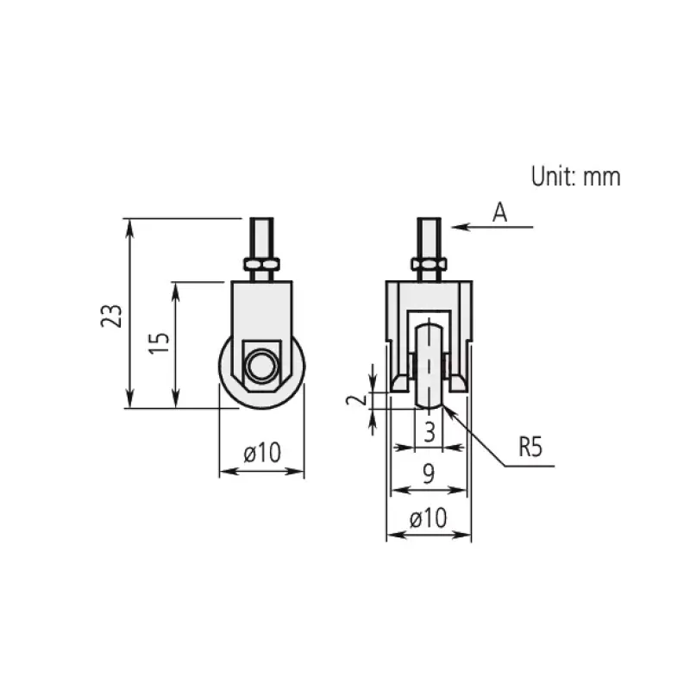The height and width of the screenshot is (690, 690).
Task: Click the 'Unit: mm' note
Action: coord(575,176)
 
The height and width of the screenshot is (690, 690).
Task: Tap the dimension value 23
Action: coord(112,315)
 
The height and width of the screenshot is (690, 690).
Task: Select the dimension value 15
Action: coord(159,343)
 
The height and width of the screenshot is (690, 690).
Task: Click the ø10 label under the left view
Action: coord(262,452)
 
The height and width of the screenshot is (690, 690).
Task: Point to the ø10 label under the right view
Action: coord(428,518)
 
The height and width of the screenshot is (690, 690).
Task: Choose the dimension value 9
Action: coord(428,474)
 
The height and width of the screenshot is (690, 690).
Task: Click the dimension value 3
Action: coord(430,432)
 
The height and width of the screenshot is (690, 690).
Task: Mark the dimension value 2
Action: coord(356,399)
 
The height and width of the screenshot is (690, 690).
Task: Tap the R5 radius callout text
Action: coord(530,447)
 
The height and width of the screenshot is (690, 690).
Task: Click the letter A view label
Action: coord(499,212)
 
